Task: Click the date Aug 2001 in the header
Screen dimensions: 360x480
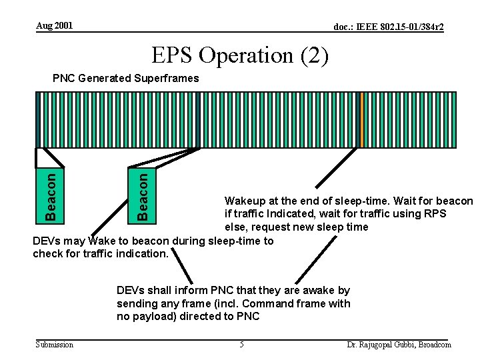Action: click(x=55, y=25)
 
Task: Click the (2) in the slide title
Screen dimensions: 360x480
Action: click(x=313, y=56)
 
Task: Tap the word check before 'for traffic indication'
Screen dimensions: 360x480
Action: click(x=47, y=253)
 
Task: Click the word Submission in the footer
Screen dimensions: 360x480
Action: click(x=55, y=344)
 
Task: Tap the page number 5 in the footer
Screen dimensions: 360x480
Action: click(x=242, y=344)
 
